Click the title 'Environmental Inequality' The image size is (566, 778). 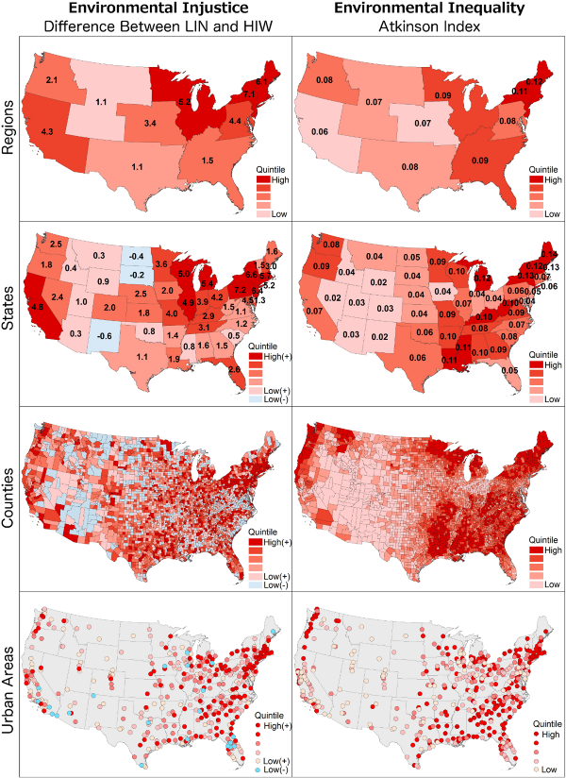point(428,8)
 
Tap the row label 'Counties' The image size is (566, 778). point(13,499)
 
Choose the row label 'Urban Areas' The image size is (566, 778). point(13,684)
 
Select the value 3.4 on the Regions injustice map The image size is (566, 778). point(150,124)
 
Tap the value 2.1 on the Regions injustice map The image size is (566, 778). point(52,80)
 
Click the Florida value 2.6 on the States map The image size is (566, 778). point(233,369)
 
